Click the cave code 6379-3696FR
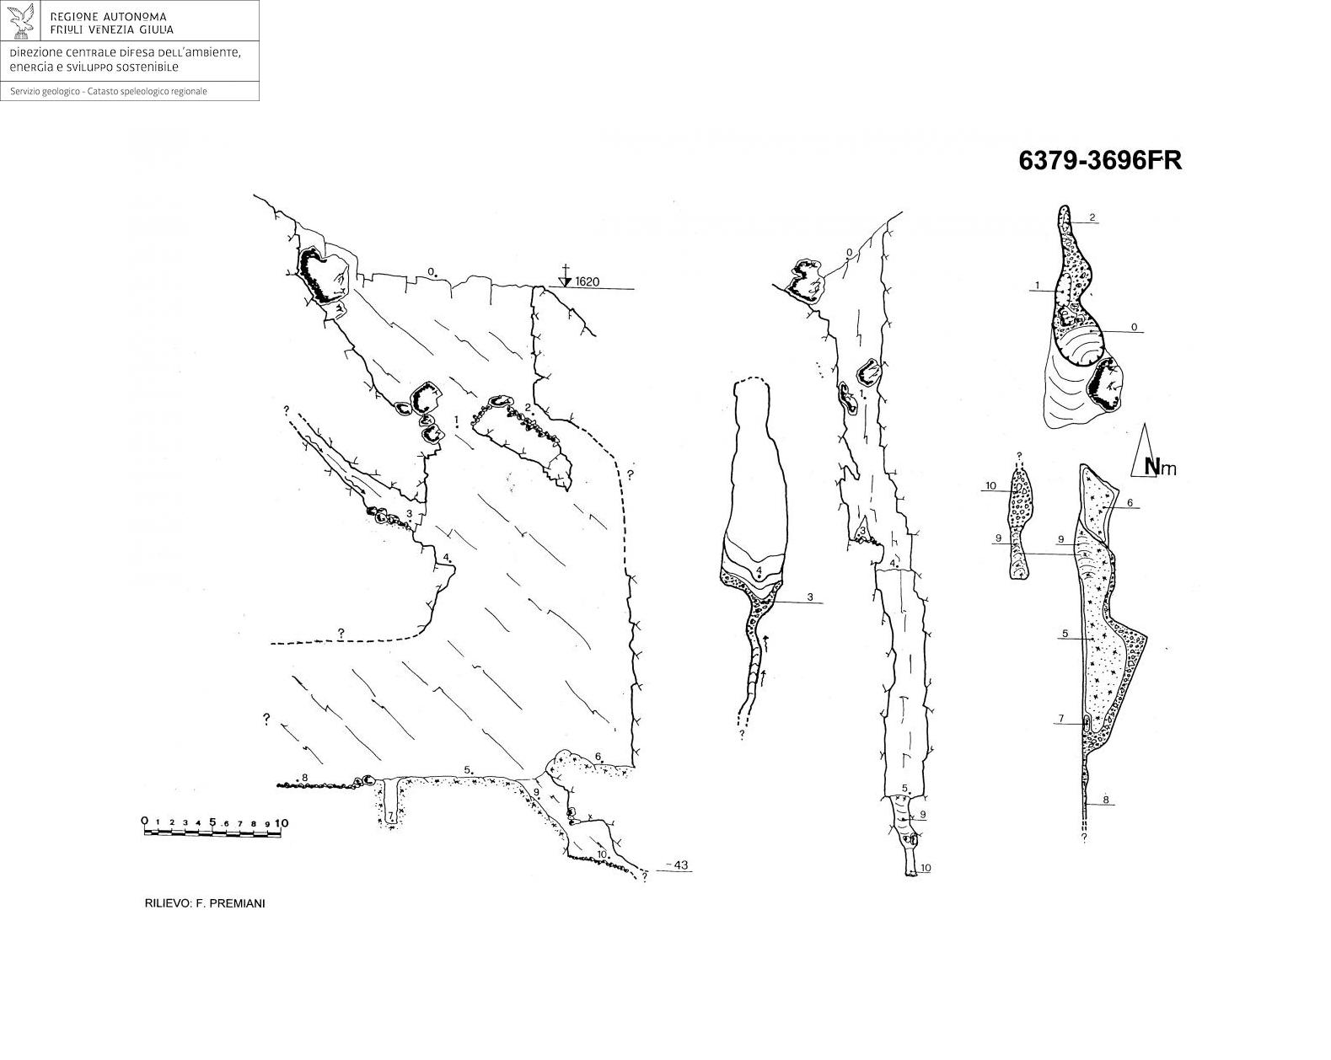tap(1100, 161)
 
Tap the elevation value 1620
tap(587, 282)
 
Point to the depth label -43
tap(679, 865)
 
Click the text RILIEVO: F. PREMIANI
tap(205, 903)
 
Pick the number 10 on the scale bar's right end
tap(282, 823)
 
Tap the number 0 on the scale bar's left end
tap(145, 821)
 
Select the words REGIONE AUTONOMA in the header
tap(108, 17)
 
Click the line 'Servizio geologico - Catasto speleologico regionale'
tap(109, 92)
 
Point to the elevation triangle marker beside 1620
tap(565, 282)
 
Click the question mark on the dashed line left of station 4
tap(341, 633)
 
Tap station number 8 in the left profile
tap(305, 778)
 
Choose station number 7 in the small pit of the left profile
tap(390, 815)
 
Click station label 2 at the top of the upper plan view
tap(1092, 217)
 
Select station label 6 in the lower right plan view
tap(1130, 503)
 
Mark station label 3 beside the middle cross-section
tap(809, 597)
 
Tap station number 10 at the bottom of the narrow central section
tap(926, 868)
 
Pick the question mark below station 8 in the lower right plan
tap(1084, 838)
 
